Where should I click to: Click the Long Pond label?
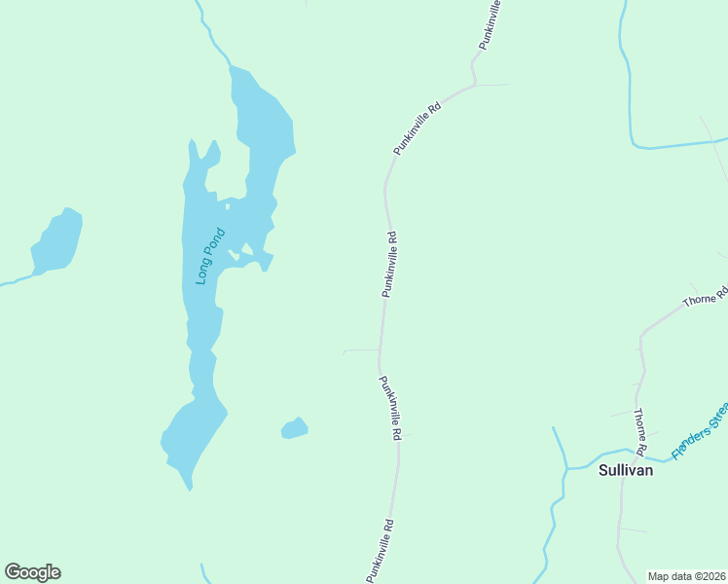[x=210, y=255]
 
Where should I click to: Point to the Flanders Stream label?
[x=698, y=432]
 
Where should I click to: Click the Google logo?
[x=32, y=572]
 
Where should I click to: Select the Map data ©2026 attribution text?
[x=686, y=576]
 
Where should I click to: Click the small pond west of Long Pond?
[x=57, y=240]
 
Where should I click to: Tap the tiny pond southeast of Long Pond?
[x=295, y=428]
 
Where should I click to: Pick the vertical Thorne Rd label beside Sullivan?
[x=640, y=431]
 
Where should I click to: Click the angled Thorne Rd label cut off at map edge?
[x=706, y=296]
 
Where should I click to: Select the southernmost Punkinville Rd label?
[x=380, y=551]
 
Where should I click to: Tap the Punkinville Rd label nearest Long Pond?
[x=389, y=264]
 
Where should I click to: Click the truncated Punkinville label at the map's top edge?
[x=490, y=25]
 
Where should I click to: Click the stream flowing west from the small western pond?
[x=15, y=282]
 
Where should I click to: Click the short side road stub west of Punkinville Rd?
[x=361, y=350]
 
